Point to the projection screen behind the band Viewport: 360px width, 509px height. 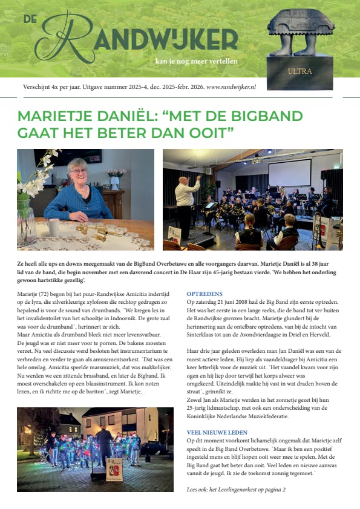289,172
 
